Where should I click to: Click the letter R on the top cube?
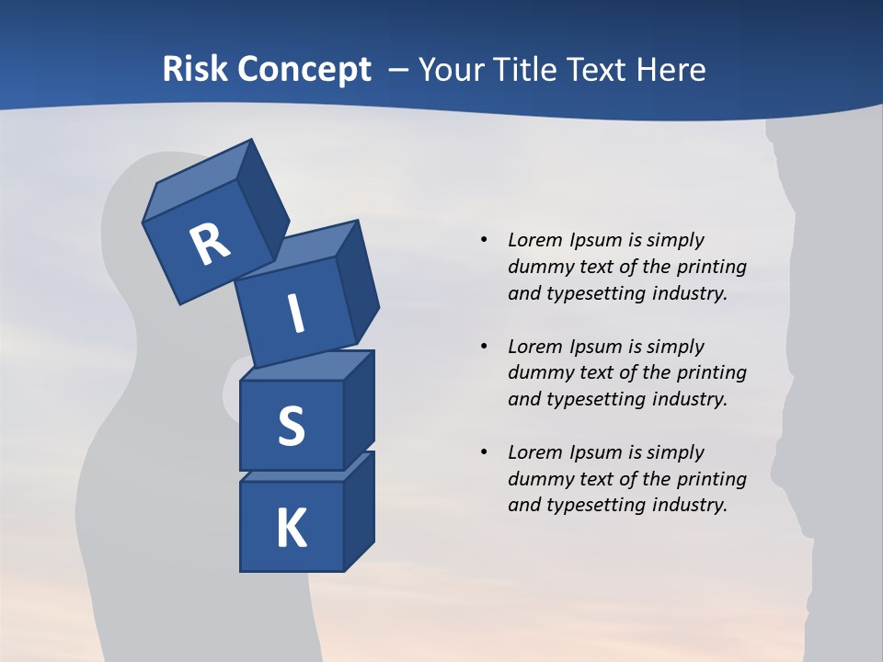(210, 244)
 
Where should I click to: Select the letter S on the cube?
(291, 427)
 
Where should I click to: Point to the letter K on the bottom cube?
(291, 529)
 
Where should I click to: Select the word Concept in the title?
(303, 70)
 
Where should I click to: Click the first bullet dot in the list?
(484, 240)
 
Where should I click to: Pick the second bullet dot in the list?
(484, 347)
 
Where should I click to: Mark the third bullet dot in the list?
(484, 452)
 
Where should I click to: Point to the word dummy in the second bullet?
(538, 373)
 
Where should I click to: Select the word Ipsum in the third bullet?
(595, 452)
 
